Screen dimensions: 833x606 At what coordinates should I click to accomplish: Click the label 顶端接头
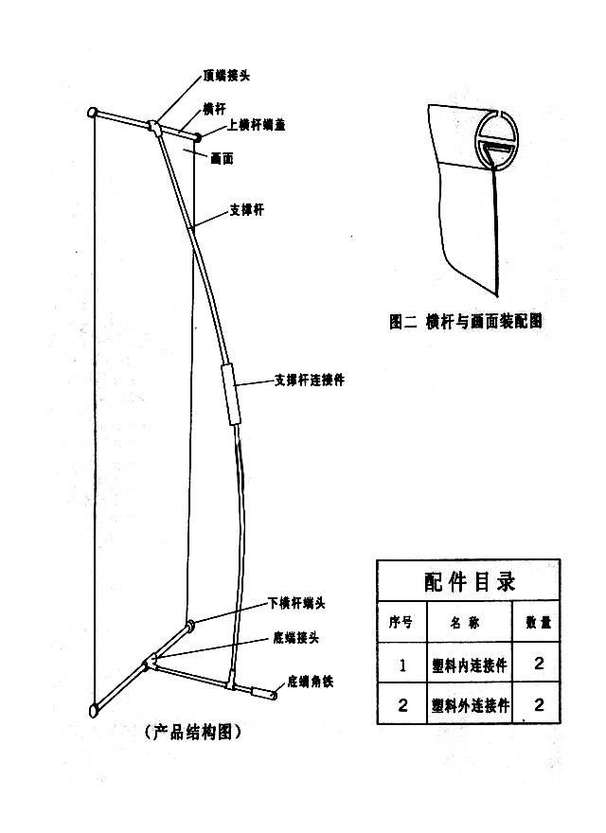click(226, 75)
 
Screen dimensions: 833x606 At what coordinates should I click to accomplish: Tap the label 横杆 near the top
click(213, 108)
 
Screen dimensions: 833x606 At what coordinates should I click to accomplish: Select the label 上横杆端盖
click(257, 125)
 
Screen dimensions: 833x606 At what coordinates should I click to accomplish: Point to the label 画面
click(222, 159)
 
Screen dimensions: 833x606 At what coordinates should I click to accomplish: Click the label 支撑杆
click(245, 210)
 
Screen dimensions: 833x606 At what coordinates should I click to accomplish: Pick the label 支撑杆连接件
click(309, 380)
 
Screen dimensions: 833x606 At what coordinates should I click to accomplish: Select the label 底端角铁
click(310, 682)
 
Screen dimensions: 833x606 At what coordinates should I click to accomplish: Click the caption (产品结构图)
click(193, 732)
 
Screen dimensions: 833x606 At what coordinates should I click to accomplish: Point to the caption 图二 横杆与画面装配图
click(466, 321)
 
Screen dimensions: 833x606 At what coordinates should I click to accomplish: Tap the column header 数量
click(538, 623)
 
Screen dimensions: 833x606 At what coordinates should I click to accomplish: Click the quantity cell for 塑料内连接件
click(539, 665)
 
